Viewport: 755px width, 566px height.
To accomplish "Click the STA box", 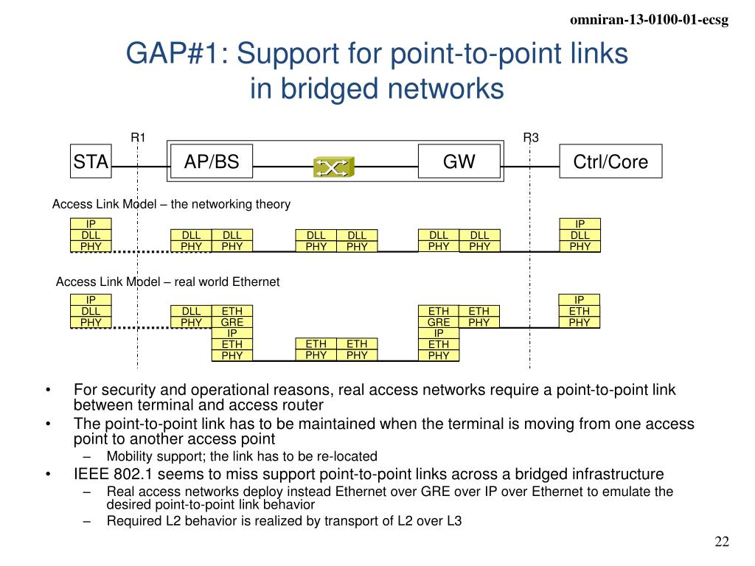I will pyautogui.click(x=91, y=162).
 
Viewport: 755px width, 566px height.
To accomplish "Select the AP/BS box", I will pyautogui.click(x=212, y=162).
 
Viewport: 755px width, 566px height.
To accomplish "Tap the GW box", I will pyautogui.click(x=459, y=161).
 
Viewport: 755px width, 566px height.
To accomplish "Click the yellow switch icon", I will pyautogui.click(x=333, y=167).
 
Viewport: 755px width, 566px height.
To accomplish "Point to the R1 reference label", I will pyautogui.click(x=139, y=137).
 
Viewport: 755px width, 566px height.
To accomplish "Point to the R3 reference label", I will pyautogui.click(x=531, y=137).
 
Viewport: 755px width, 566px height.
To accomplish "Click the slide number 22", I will pyautogui.click(x=722, y=542).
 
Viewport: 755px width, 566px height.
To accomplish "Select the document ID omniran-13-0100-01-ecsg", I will pyautogui.click(x=650, y=21).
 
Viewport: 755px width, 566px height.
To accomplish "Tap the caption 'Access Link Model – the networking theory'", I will pyautogui.click(x=171, y=204).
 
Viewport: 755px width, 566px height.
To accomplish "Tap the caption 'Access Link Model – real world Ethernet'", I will pyautogui.click(x=168, y=282).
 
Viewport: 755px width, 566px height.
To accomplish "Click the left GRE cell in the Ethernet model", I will pyautogui.click(x=232, y=322).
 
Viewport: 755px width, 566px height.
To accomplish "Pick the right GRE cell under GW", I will pyautogui.click(x=439, y=322).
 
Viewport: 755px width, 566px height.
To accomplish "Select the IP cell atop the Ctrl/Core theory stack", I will pyautogui.click(x=580, y=224).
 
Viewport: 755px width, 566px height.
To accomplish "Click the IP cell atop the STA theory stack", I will pyautogui.click(x=91, y=224).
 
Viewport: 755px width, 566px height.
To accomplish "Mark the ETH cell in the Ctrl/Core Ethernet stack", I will pyautogui.click(x=580, y=311).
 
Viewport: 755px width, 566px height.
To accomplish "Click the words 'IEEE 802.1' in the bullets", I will pyautogui.click(x=111, y=474).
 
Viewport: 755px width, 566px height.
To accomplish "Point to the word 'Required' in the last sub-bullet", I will pyautogui.click(x=131, y=522).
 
